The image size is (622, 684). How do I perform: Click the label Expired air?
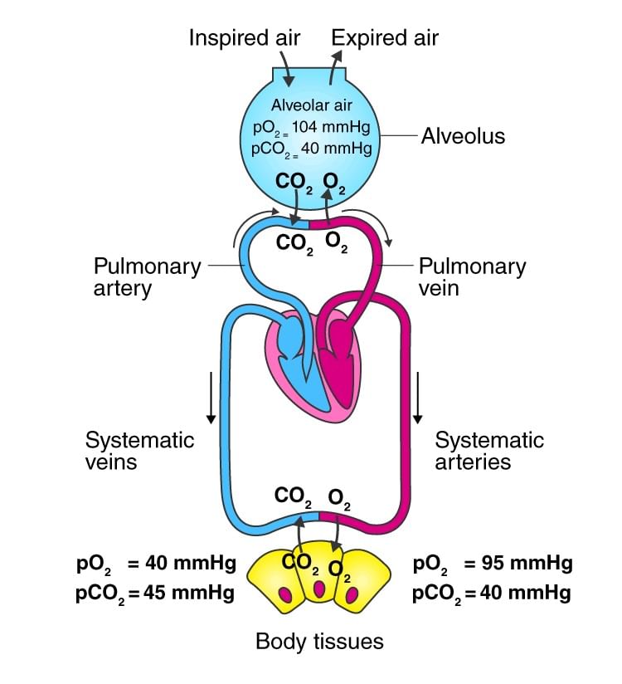(385, 37)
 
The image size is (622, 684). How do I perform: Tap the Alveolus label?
(463, 135)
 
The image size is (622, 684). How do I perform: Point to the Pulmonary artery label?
(147, 277)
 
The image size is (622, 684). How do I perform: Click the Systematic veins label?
(139, 450)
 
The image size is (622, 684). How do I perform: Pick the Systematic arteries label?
(489, 450)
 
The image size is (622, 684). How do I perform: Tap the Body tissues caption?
(319, 641)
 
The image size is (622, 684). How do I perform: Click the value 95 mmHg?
(518, 564)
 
